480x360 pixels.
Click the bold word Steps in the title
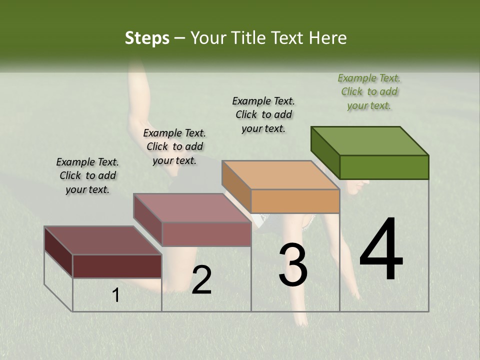[x=147, y=38]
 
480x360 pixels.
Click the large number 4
[x=381, y=250]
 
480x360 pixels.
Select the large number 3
[x=293, y=265]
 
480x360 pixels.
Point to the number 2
[x=201, y=280]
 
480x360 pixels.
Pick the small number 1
[x=116, y=295]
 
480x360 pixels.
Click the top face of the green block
[x=369, y=140]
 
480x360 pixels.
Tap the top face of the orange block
[x=280, y=175]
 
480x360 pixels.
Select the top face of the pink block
[x=191, y=207]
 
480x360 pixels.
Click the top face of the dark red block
[x=102, y=240]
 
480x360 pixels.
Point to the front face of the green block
[x=384, y=167]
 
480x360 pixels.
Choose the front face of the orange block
[x=295, y=201]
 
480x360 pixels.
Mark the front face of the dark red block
[x=117, y=266]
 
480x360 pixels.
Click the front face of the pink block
[x=206, y=234]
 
